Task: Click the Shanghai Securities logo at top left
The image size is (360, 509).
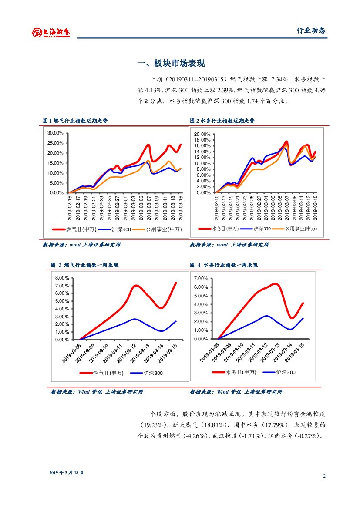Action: coord(51,32)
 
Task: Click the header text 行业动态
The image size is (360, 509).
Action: coord(311,30)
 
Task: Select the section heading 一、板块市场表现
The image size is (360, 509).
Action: coord(171,64)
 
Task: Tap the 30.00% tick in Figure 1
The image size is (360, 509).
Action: coord(56,133)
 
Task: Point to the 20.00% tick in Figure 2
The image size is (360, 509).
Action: coord(202,134)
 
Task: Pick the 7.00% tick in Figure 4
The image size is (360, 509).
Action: coord(201,278)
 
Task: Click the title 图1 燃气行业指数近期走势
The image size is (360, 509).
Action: coord(75,121)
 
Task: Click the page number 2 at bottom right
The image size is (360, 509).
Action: coord(324,475)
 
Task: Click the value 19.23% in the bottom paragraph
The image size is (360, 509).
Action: coord(154,424)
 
